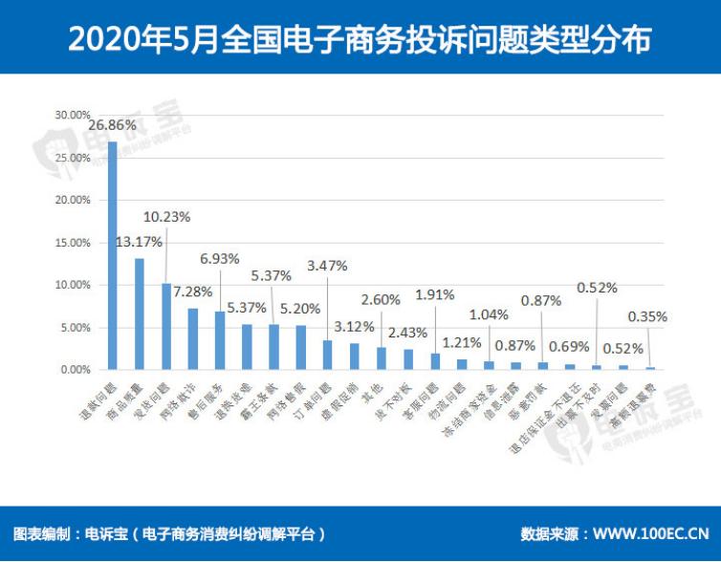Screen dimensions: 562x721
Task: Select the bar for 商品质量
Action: [x=139, y=313]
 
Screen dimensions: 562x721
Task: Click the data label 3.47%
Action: [x=327, y=265]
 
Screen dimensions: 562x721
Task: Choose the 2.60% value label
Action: [x=381, y=300]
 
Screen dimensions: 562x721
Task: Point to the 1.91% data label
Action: [x=434, y=294]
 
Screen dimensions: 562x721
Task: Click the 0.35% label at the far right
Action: [x=647, y=315]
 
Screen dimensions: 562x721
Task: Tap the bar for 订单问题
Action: [x=327, y=355]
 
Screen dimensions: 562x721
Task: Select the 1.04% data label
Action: [x=489, y=313]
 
